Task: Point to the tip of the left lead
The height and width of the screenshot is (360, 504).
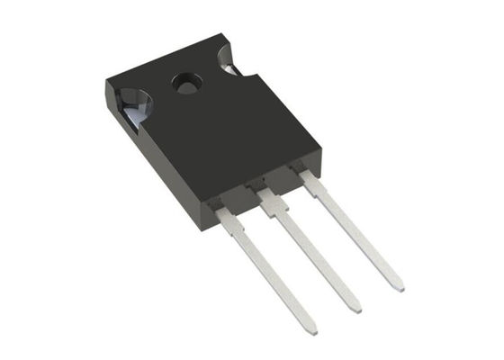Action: point(310,328)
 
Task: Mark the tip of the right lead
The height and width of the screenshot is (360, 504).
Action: point(398,285)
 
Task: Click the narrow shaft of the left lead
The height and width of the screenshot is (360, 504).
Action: point(270,274)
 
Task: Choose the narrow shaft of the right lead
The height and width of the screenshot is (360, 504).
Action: point(355,234)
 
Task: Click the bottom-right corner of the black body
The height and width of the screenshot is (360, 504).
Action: point(320,171)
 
